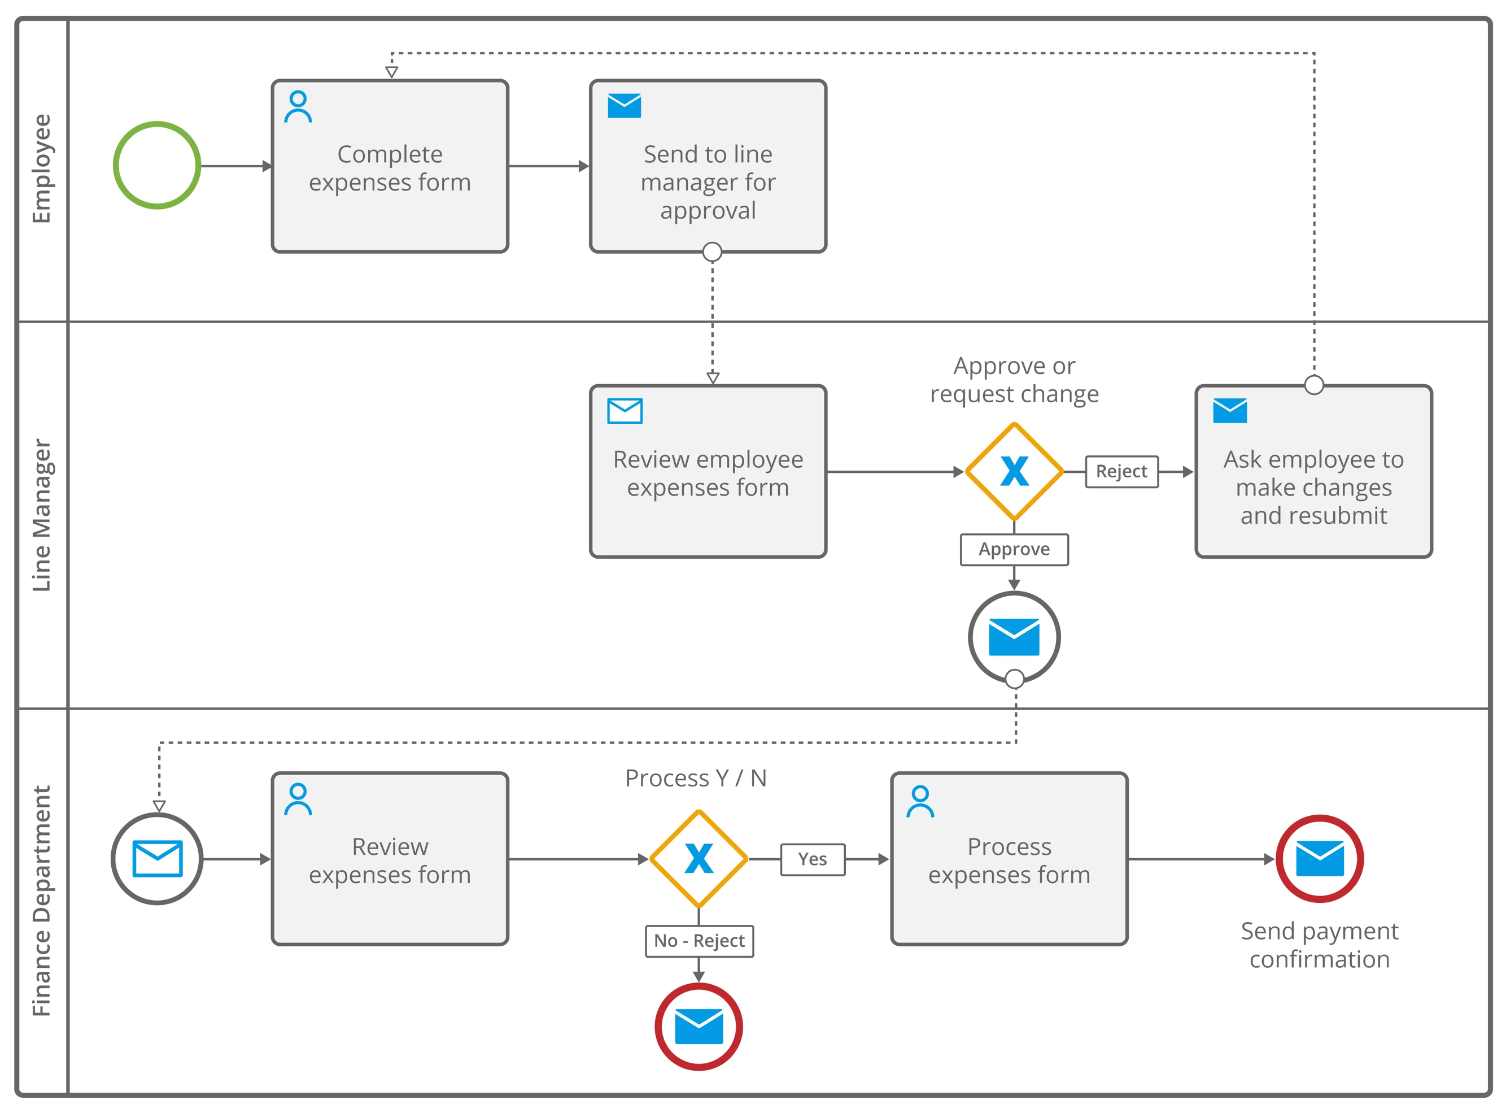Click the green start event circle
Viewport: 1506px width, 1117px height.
point(157,165)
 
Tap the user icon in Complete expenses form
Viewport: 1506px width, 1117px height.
point(298,107)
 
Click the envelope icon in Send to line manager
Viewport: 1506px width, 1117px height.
point(623,106)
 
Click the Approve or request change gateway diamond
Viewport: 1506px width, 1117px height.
point(1014,471)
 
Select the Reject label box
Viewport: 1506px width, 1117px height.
point(1121,471)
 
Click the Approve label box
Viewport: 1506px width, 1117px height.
point(1014,549)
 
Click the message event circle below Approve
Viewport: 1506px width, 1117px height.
point(1014,637)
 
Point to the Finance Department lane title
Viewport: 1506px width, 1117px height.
point(42,901)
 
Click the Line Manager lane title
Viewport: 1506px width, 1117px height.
point(42,515)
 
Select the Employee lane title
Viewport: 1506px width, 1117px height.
point(42,168)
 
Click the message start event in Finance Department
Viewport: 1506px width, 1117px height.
point(157,859)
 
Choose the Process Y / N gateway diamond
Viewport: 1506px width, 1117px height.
point(698,859)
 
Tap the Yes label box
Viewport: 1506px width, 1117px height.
point(812,859)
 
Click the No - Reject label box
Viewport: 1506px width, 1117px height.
point(699,941)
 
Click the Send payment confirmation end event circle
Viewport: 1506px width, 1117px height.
point(1319,858)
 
